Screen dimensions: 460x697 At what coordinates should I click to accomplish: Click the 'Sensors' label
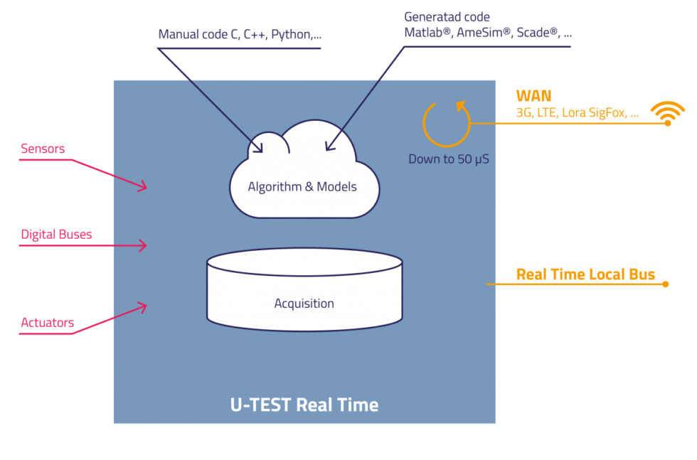(43, 149)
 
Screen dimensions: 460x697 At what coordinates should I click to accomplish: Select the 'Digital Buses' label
(56, 234)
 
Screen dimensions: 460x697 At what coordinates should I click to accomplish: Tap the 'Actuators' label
(47, 322)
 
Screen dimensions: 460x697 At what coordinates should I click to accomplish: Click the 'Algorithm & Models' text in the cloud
(302, 187)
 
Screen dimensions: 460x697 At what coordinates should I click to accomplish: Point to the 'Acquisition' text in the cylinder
(304, 304)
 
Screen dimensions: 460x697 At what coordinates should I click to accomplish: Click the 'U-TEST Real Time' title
(304, 405)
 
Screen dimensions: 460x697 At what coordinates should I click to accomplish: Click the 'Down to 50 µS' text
(448, 159)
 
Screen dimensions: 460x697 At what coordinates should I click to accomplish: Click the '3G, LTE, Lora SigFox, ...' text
(577, 112)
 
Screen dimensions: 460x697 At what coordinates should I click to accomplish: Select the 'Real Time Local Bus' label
(585, 274)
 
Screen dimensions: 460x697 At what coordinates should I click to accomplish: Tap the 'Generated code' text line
(447, 17)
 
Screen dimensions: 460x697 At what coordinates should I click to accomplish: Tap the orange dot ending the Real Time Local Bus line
(666, 284)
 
